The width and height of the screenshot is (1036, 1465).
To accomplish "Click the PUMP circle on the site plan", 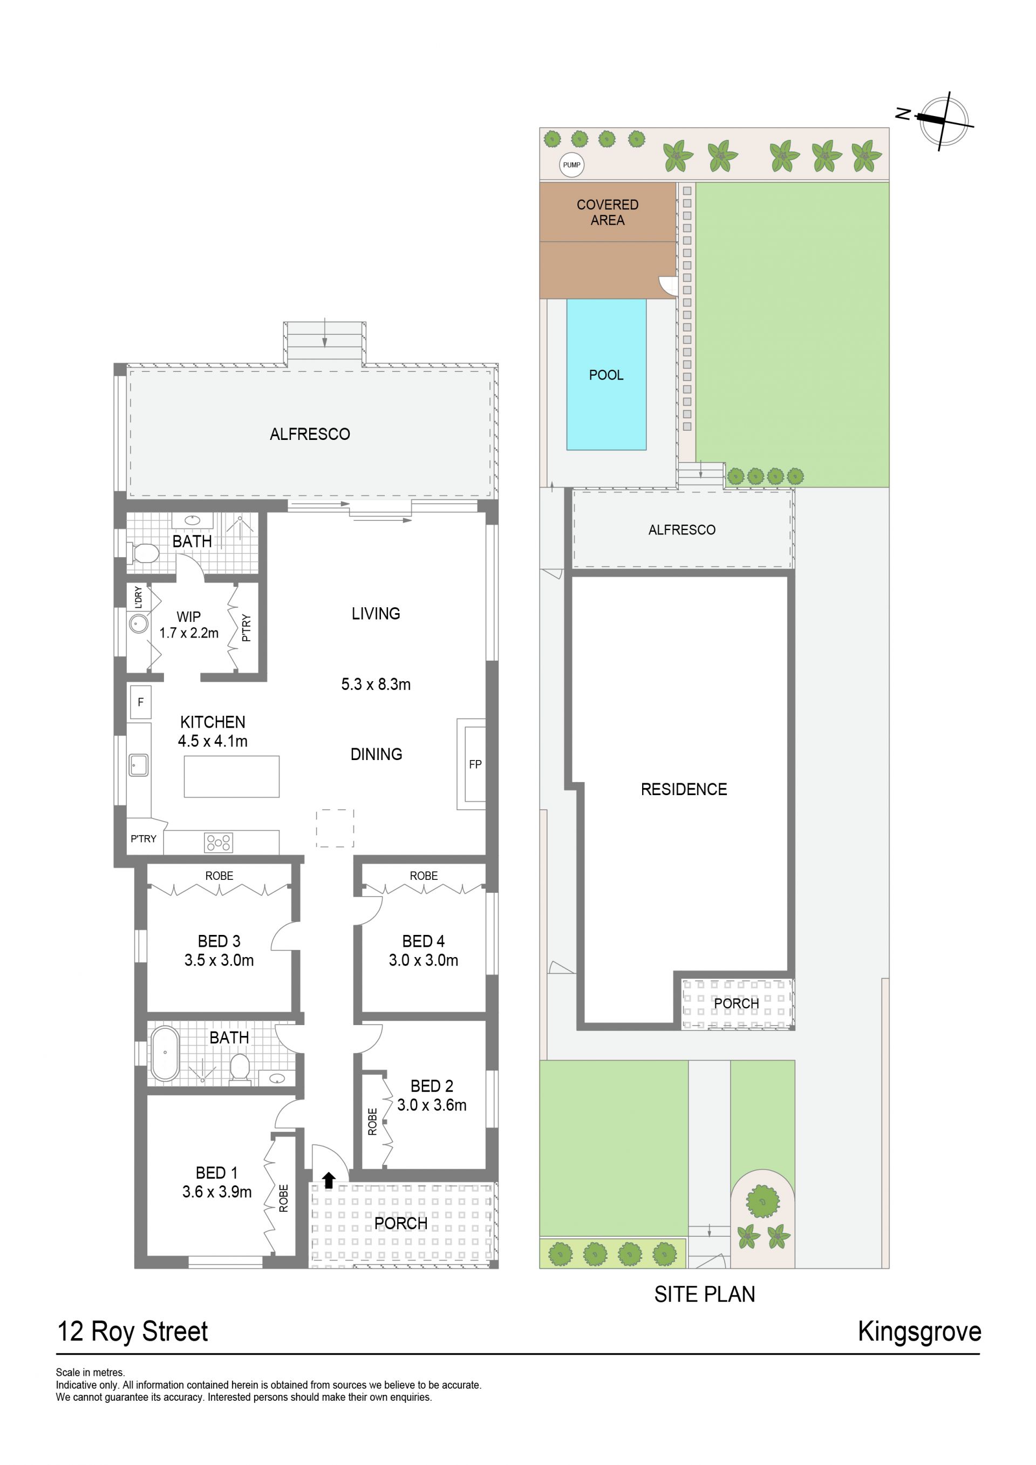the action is click(571, 165).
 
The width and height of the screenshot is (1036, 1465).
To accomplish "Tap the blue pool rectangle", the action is click(606, 375).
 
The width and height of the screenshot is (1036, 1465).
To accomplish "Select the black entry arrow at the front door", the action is click(329, 1181).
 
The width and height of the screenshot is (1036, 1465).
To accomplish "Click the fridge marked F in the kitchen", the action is click(140, 702).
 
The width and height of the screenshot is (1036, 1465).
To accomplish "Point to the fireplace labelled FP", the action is click(472, 764).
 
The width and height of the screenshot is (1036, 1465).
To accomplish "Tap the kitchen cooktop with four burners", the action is click(218, 842).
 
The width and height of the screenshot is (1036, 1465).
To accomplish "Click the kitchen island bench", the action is click(231, 777).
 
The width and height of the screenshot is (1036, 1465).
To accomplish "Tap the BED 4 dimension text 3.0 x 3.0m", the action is click(424, 960).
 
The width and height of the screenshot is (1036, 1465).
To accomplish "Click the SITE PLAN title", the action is click(704, 1294).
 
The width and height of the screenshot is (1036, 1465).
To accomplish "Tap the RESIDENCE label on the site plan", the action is click(684, 789).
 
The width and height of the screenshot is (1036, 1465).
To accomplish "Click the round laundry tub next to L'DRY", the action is click(139, 623).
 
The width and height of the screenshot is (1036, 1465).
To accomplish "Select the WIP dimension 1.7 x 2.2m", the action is click(189, 633).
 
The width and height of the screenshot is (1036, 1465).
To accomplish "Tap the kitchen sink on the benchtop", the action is click(139, 765).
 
